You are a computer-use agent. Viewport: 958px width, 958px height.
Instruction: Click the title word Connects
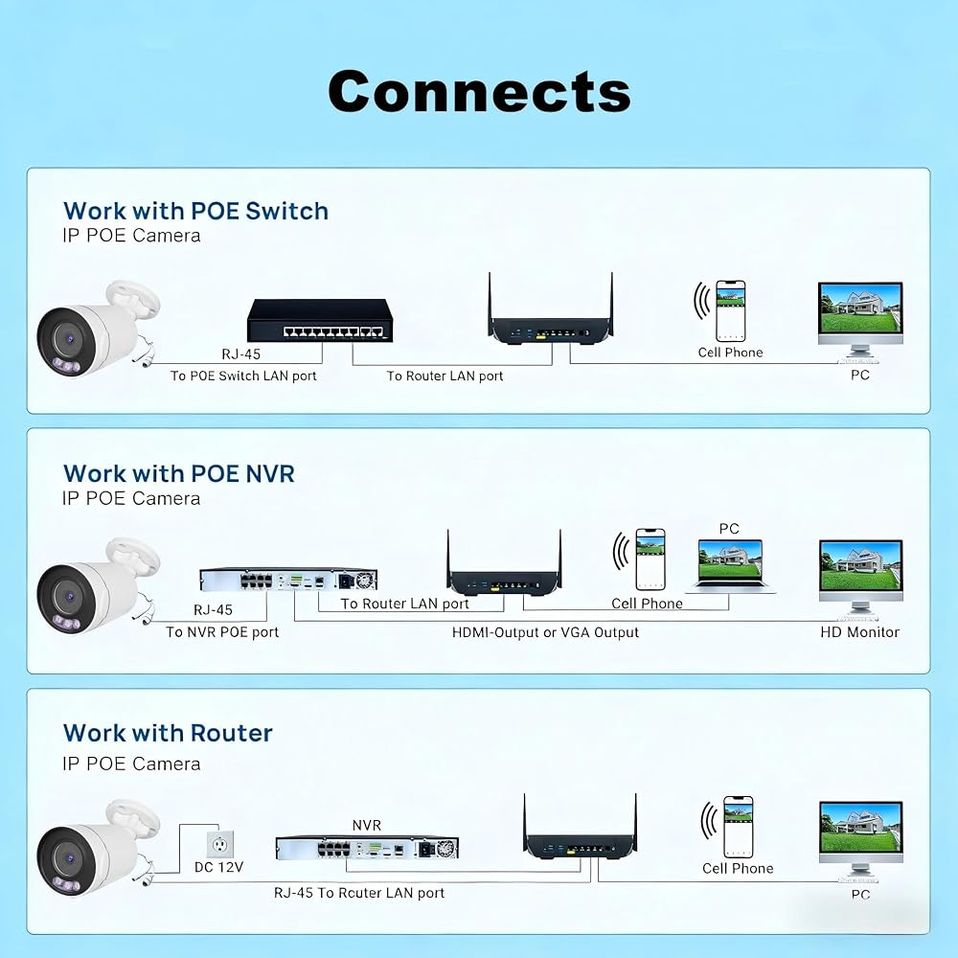pyautogui.click(x=479, y=91)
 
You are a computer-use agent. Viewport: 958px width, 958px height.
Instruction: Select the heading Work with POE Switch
pyautogui.click(x=195, y=211)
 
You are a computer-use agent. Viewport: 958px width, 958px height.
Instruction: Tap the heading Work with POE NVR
pyautogui.click(x=178, y=473)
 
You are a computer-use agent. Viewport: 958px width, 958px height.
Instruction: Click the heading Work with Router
pyautogui.click(x=168, y=733)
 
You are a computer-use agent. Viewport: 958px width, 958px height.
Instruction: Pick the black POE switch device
pyautogui.click(x=320, y=321)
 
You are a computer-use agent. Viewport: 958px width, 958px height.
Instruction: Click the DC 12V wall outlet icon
pyautogui.click(x=219, y=844)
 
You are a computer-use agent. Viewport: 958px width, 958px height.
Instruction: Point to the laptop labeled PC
pyautogui.click(x=730, y=566)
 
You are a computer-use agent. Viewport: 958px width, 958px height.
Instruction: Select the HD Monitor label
pyautogui.click(x=859, y=632)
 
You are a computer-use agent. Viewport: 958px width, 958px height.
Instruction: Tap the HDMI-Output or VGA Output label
pyautogui.click(x=545, y=632)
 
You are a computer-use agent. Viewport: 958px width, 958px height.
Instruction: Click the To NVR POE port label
pyautogui.click(x=222, y=632)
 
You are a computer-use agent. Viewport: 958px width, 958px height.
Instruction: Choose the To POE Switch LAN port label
pyautogui.click(x=243, y=376)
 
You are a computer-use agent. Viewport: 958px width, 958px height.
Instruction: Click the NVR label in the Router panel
pyautogui.click(x=367, y=826)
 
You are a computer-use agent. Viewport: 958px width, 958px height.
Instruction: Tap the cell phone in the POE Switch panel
pyautogui.click(x=731, y=310)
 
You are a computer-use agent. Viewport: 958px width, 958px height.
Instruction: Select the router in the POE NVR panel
pyautogui.click(x=504, y=563)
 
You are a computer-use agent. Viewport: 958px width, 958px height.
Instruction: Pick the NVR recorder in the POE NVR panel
pyautogui.click(x=288, y=580)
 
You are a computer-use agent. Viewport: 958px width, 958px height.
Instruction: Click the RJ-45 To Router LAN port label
pyautogui.click(x=358, y=893)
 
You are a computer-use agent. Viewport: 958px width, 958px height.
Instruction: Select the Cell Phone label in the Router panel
pyautogui.click(x=738, y=868)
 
